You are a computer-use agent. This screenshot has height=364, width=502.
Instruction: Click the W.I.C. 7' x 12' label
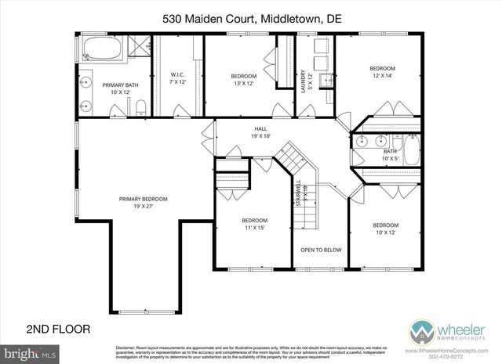point(178,78)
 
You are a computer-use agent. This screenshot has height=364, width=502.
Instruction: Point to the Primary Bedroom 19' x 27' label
point(144,203)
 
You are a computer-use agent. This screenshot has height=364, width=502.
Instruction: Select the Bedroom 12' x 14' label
point(383,72)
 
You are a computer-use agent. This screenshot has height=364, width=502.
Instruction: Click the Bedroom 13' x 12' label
point(243,79)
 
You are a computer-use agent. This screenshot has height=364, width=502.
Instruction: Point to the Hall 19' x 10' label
point(260,132)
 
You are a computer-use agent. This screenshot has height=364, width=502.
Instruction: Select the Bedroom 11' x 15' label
point(254,224)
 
